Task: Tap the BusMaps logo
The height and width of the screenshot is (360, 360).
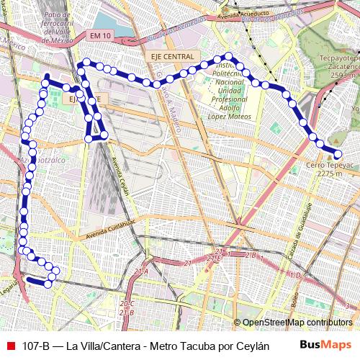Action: point(325,345)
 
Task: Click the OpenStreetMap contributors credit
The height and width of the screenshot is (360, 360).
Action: point(297,323)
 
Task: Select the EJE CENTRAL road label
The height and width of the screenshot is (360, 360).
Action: point(173,56)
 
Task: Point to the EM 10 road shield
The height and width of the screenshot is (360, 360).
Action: point(101,35)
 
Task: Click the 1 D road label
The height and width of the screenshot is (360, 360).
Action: point(294,274)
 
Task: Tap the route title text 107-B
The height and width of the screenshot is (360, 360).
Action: point(36,346)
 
